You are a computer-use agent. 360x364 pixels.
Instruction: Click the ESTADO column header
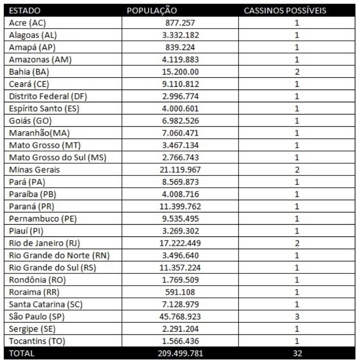click(25, 10)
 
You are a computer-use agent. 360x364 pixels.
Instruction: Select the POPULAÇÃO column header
click(152, 10)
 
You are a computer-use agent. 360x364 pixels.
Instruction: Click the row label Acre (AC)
click(28, 23)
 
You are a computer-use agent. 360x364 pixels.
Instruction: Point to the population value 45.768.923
click(180, 317)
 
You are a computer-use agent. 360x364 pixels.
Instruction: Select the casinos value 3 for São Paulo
click(297, 317)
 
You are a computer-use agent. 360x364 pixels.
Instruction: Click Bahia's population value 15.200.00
click(180, 72)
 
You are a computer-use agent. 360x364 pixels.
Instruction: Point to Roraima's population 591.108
click(180, 292)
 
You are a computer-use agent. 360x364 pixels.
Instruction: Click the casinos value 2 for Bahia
click(297, 72)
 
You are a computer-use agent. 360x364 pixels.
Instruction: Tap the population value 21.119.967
click(180, 170)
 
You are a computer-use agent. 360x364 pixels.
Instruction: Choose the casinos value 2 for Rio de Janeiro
click(297, 243)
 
